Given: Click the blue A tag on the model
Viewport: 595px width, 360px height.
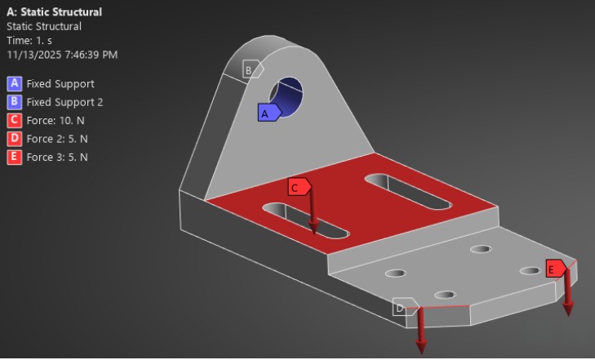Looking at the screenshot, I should click(268, 113).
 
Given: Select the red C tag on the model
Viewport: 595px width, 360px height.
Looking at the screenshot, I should click(299, 187).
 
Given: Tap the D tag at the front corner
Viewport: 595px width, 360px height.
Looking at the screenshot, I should click(403, 307).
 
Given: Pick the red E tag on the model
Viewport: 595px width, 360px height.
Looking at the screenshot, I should click(555, 269).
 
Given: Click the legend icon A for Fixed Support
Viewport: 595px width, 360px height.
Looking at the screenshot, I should click(14, 83).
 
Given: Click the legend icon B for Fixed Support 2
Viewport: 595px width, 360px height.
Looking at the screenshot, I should click(14, 102).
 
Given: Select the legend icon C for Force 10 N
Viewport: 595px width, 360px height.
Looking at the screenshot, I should click(14, 120).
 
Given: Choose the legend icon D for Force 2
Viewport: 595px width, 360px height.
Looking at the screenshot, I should click(14, 138).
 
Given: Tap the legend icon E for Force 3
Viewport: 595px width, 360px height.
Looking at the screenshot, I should click(14, 157).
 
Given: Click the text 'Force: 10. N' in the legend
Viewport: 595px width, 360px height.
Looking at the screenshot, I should click(57, 120).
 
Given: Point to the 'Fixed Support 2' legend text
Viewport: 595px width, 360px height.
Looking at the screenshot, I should click(64, 102).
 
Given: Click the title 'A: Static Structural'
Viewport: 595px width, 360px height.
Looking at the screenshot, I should click(54, 12).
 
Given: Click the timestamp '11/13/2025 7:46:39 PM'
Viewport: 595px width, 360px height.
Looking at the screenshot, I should click(62, 54).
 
